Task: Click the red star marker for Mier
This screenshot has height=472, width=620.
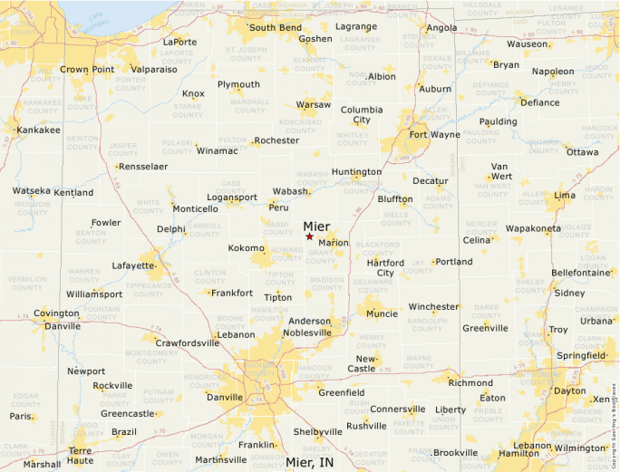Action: click(x=309, y=236)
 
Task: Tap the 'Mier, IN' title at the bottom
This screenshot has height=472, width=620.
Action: click(x=309, y=462)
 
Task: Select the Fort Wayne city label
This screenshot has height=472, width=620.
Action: click(x=434, y=135)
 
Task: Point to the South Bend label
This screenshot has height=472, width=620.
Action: click(x=276, y=27)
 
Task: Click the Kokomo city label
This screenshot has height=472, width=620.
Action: click(x=247, y=247)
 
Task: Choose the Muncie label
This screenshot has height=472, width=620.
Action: click(x=383, y=313)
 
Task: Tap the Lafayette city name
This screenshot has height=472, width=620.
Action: click(x=133, y=265)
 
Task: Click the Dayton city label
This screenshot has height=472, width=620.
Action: click(x=569, y=390)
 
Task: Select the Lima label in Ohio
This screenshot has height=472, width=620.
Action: click(x=564, y=196)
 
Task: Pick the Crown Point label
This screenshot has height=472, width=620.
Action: click(x=87, y=69)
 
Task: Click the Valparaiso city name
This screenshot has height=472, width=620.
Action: click(x=153, y=69)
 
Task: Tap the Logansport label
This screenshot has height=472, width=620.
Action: click(x=232, y=197)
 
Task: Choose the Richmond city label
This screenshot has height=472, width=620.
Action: click(x=470, y=383)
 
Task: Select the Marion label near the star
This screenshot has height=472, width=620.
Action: click(x=334, y=243)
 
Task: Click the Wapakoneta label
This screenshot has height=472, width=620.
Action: click(x=533, y=228)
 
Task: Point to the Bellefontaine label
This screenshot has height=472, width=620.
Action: click(x=580, y=272)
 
